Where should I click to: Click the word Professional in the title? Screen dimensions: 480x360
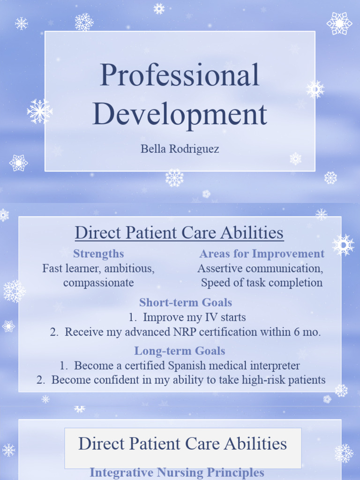pyautogui.click(x=180, y=75)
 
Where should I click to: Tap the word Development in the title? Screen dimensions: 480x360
pyautogui.click(x=180, y=114)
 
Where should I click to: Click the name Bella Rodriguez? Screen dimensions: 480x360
pyautogui.click(x=180, y=150)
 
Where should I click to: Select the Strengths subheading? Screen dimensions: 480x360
pyautogui.click(x=98, y=254)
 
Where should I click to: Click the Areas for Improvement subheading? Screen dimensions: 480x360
pyautogui.click(x=262, y=254)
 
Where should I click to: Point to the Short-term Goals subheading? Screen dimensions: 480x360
pyautogui.click(x=186, y=302)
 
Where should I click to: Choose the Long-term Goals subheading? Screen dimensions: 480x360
pyautogui.click(x=180, y=351)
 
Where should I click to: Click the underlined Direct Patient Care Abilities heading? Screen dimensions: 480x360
pyautogui.click(x=180, y=232)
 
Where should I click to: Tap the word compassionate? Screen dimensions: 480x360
pyautogui.click(x=98, y=283)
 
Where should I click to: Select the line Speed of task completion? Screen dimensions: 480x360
pyautogui.click(x=262, y=283)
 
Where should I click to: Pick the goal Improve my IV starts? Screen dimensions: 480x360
pyautogui.click(x=194, y=317)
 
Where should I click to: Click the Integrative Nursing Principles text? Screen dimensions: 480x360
pyautogui.click(x=177, y=472)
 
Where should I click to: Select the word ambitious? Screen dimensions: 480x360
pyautogui.click(x=129, y=269)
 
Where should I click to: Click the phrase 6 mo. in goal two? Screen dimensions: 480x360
pyautogui.click(x=307, y=332)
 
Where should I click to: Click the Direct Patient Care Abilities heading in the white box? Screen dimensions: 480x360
pyautogui.click(x=182, y=444)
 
